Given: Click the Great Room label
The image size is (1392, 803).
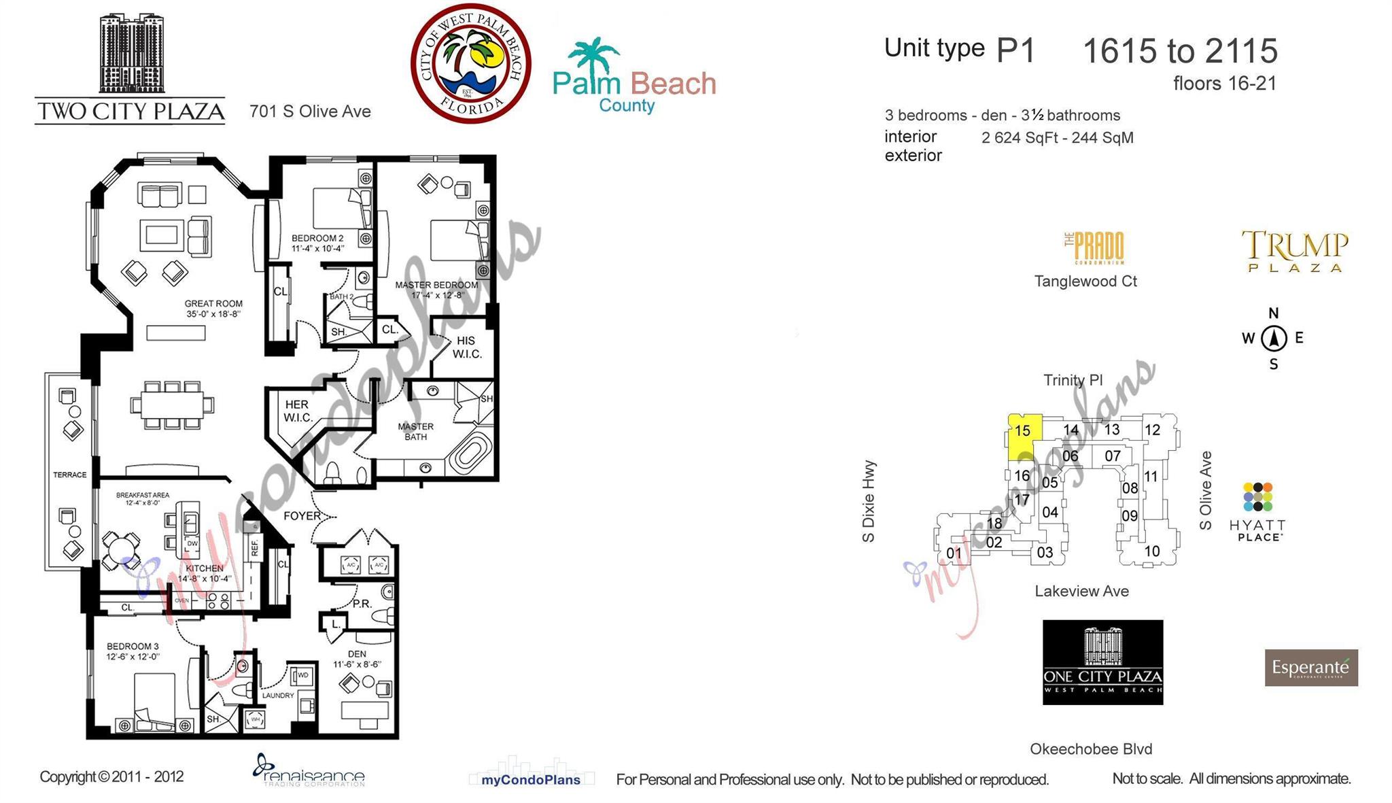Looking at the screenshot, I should (213, 309).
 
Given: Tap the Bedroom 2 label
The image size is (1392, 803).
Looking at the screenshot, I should (317, 243).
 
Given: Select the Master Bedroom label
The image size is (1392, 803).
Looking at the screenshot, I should (436, 290).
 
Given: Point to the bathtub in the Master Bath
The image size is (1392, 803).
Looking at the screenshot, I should (469, 454).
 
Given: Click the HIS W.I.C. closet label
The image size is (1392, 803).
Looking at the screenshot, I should (466, 347).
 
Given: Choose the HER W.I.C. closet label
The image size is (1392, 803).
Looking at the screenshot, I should (297, 411).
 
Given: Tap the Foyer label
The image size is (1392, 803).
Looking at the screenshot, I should (302, 515).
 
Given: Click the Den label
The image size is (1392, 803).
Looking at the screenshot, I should (357, 659).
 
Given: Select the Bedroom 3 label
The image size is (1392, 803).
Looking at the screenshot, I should (133, 651).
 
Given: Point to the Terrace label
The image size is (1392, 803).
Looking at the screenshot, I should (70, 475).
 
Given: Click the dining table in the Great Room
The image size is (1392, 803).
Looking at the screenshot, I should (172, 405).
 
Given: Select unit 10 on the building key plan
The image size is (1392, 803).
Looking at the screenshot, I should (1151, 551).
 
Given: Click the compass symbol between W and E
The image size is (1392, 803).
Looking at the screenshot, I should (1273, 338).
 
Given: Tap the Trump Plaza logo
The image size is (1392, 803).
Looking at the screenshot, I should (1294, 251).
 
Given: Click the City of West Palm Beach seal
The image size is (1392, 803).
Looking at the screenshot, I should (470, 64).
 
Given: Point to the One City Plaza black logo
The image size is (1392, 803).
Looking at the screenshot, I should (1102, 662).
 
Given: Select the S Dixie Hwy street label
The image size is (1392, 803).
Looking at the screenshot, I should (868, 501).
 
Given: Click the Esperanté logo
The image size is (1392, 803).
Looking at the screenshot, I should (1310, 668).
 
